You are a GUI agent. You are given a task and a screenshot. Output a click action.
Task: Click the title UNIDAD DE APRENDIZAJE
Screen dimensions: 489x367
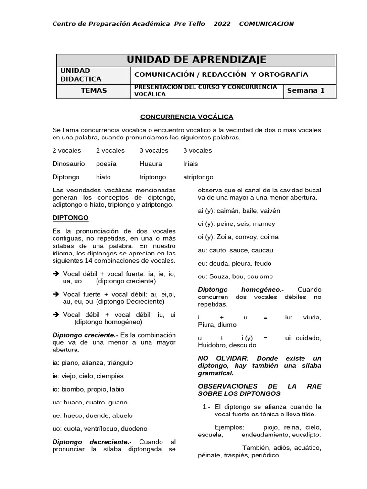click(x=196, y=60)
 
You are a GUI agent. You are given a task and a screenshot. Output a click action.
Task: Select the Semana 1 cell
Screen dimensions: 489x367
click(x=305, y=91)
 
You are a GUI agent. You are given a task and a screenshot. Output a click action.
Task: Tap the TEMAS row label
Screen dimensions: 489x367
click(x=94, y=91)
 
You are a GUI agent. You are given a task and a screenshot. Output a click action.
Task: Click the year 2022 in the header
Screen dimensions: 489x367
click(x=221, y=24)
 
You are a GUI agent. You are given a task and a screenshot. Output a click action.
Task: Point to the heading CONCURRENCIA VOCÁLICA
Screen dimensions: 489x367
click(x=186, y=117)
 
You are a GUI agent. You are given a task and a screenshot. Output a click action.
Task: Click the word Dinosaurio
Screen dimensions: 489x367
click(x=68, y=164)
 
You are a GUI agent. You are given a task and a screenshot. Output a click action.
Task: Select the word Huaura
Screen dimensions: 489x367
click(x=151, y=164)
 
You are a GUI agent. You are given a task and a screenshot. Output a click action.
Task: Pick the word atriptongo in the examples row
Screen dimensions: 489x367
click(x=198, y=177)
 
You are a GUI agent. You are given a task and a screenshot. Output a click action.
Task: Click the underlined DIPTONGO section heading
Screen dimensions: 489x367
click(x=70, y=218)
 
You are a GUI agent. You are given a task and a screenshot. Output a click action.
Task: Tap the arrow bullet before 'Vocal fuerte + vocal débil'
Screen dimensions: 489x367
click(x=56, y=295)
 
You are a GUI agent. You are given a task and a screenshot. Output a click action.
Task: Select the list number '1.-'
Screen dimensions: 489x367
click(x=206, y=407)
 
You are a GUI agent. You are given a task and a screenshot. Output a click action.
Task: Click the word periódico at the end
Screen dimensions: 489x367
click(x=262, y=456)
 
